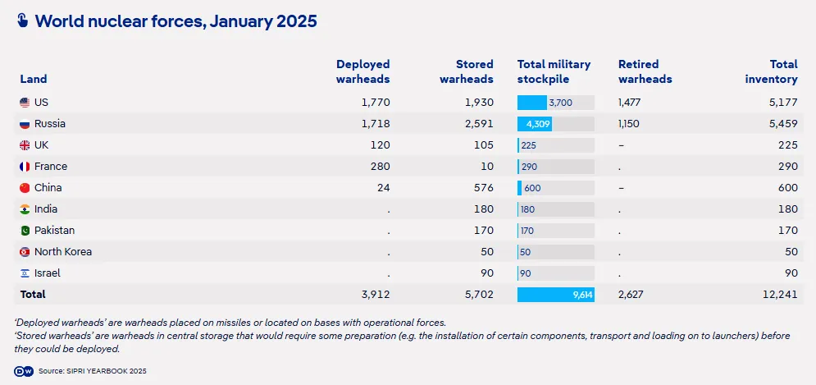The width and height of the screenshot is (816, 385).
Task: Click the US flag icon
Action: tap(25, 103)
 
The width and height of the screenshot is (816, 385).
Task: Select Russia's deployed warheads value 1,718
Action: tap(375, 124)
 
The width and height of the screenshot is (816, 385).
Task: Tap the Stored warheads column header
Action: tap(467, 71)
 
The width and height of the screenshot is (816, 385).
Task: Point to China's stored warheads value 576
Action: tap(483, 188)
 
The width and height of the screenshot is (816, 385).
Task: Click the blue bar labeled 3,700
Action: tap(532, 103)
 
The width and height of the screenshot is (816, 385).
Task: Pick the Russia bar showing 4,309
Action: tap(535, 124)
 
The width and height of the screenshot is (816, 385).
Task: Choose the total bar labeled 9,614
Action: tap(556, 294)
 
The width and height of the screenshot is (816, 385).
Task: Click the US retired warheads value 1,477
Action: tap(632, 103)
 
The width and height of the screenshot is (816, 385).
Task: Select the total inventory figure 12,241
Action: tap(777, 294)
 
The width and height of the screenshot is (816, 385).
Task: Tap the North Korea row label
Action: tap(63, 252)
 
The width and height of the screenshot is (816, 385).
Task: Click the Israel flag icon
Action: tap(25, 273)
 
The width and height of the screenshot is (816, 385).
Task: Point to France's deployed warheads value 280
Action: tap(379, 167)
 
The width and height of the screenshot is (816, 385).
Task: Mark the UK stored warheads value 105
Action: tap(482, 145)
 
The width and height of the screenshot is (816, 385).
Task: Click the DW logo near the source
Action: tap(23, 371)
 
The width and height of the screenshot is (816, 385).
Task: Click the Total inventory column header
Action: tap(772, 71)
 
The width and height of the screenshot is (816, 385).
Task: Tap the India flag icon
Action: tap(25, 209)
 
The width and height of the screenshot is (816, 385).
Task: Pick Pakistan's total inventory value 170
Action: tap(787, 231)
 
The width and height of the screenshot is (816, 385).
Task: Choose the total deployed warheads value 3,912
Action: tap(374, 294)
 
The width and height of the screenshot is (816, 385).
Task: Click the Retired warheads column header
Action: tap(645, 71)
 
